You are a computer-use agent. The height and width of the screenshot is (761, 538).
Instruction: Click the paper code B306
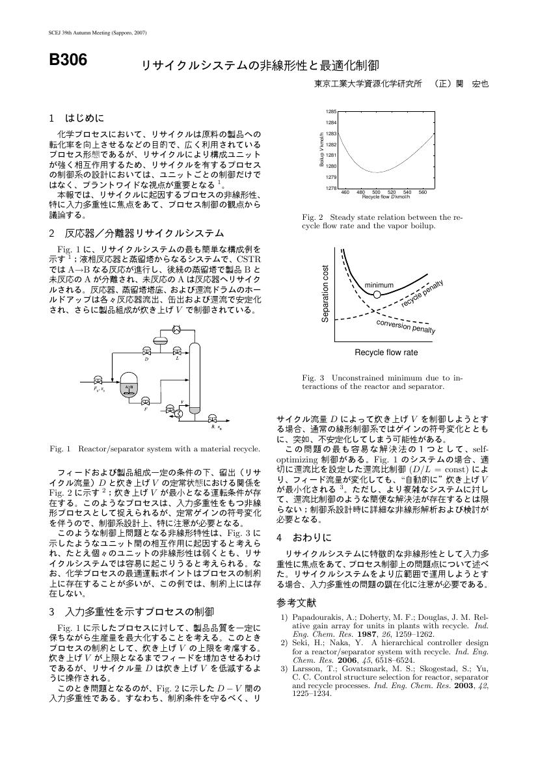tap(68, 60)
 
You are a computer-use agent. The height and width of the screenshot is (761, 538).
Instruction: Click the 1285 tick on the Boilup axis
tap(331, 112)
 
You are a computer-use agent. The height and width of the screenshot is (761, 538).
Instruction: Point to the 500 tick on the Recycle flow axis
tap(376, 193)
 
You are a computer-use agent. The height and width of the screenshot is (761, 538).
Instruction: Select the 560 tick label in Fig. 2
tap(422, 193)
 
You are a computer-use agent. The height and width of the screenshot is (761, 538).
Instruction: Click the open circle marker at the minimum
tap(377, 295)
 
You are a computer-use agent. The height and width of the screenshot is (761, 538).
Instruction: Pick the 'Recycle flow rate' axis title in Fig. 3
tap(386, 353)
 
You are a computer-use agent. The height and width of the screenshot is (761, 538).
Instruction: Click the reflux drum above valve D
tap(159, 340)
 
